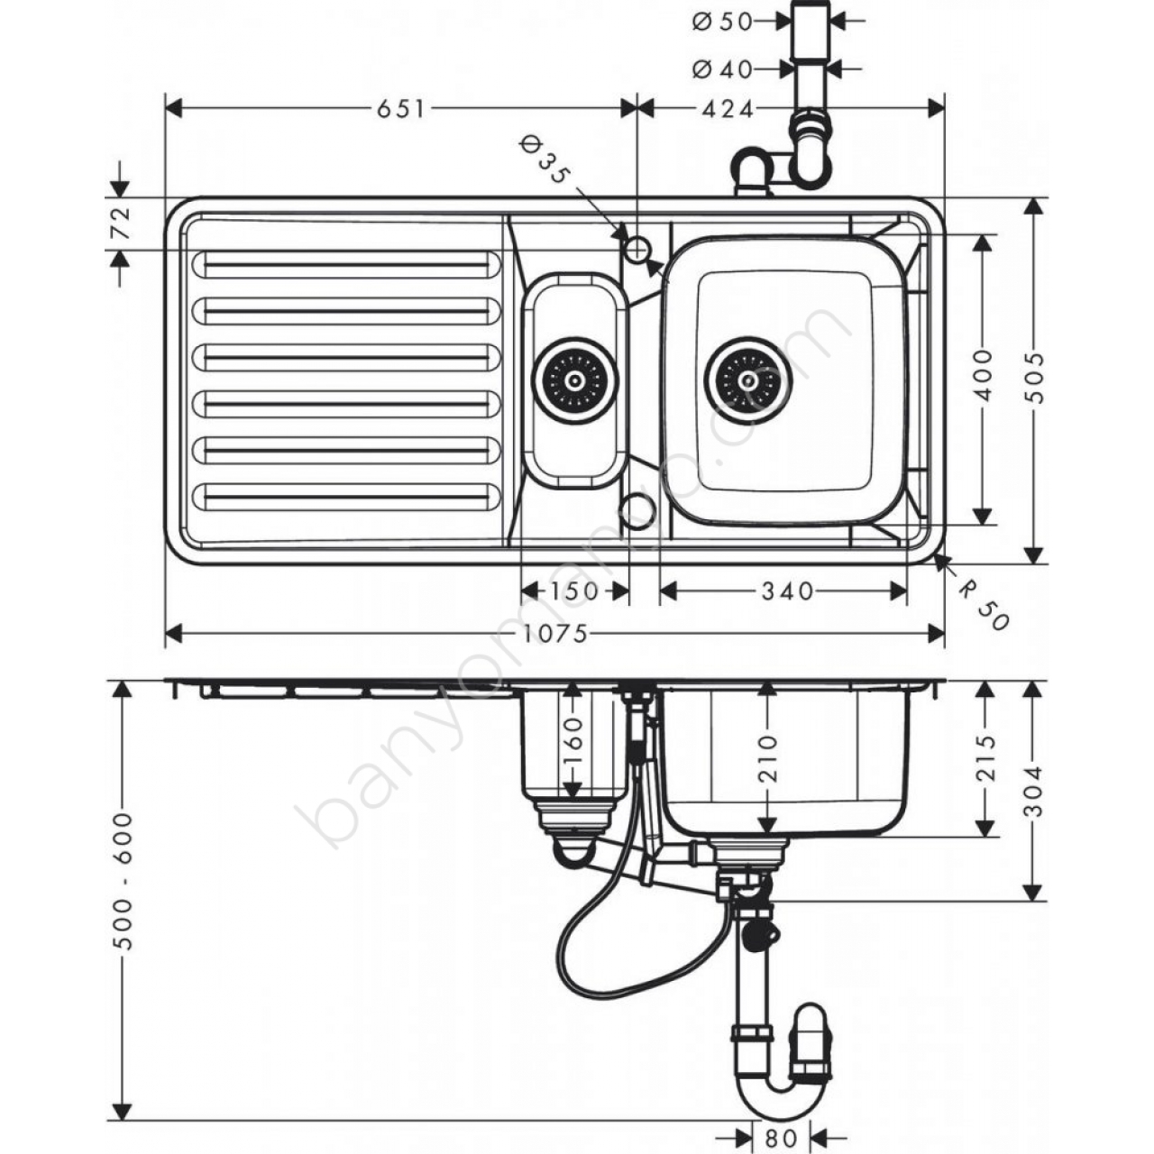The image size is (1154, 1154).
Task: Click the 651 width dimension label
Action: [x=400, y=109]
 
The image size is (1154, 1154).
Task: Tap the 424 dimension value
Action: [x=728, y=109]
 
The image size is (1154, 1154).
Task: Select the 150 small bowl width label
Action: [x=573, y=591]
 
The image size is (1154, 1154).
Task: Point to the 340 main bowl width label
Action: [x=787, y=591]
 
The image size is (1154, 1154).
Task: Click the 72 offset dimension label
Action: [x=122, y=223]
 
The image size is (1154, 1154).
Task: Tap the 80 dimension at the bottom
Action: [x=782, y=1135]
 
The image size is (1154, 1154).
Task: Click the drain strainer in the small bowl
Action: [x=574, y=380]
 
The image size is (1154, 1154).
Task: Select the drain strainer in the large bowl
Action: [x=748, y=380]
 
